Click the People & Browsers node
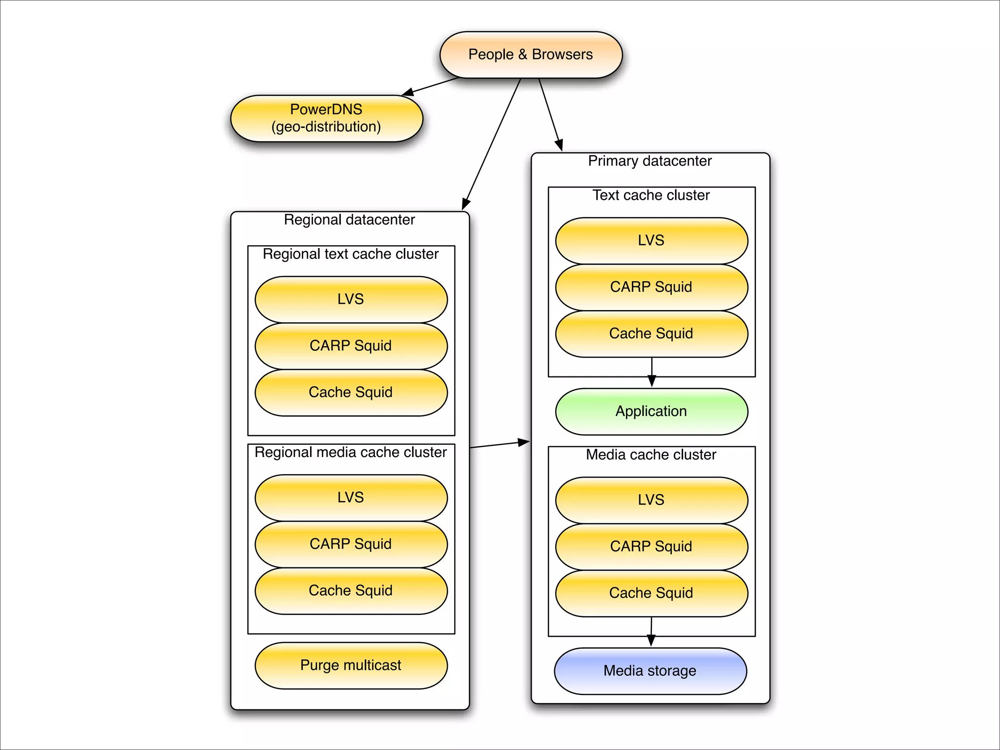(x=531, y=55)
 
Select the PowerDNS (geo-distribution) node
(x=326, y=118)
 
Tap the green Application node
(x=651, y=411)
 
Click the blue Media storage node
(x=650, y=671)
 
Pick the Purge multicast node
(x=351, y=665)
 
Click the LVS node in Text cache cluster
(x=651, y=240)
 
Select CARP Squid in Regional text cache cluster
(x=351, y=346)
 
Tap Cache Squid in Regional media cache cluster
(x=351, y=590)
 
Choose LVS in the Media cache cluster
(x=651, y=500)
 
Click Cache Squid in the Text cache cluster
(x=651, y=333)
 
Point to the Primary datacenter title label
(x=650, y=161)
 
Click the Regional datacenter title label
(x=350, y=220)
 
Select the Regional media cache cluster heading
(x=351, y=452)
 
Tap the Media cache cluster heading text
(x=651, y=455)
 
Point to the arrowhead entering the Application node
(x=651, y=381)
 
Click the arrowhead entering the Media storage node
(x=651, y=641)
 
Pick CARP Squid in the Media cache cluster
(x=651, y=546)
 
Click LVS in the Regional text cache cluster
(x=351, y=299)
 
